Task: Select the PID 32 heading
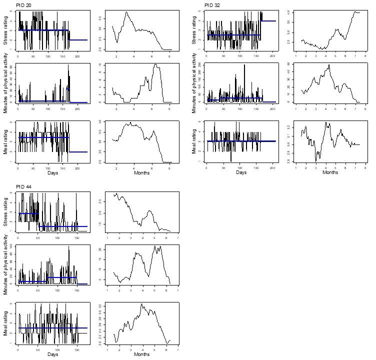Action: click(212, 5)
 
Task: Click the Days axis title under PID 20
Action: click(52, 173)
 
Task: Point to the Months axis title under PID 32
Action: click(330, 173)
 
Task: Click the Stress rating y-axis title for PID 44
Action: click(6, 212)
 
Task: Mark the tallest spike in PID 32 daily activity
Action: click(244, 65)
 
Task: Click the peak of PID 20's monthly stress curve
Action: click(126, 12)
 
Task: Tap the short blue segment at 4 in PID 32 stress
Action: click(268, 20)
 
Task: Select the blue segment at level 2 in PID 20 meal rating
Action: click(78, 152)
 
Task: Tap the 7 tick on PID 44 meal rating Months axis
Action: click(177, 349)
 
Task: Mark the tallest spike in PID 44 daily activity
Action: click(69, 246)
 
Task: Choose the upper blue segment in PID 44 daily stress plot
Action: click(28, 213)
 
